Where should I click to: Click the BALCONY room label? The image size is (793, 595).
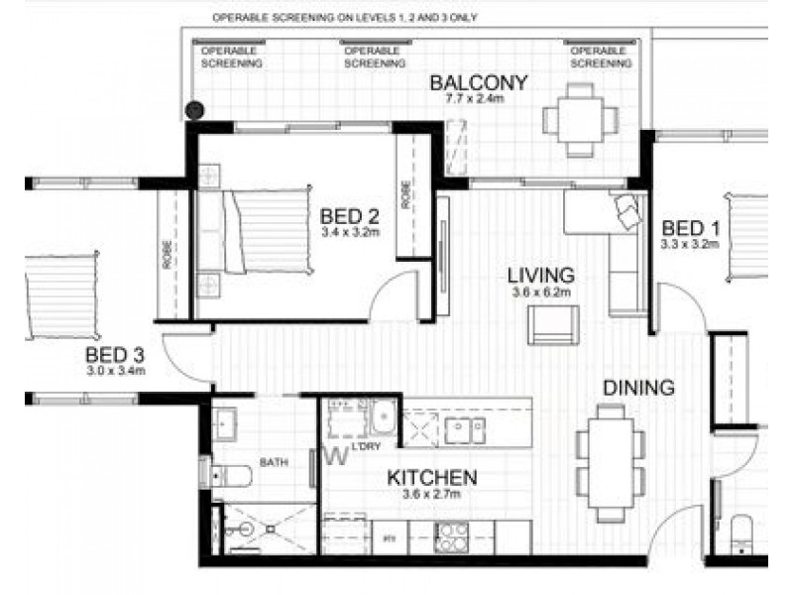478,81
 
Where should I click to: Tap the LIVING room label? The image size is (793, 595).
540,274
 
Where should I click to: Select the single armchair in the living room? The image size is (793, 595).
552,325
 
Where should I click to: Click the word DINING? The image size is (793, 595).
640,388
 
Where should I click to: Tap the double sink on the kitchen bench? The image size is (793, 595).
463,429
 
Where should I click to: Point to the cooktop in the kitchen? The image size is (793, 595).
452,538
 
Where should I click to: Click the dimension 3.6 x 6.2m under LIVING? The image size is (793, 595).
540,293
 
